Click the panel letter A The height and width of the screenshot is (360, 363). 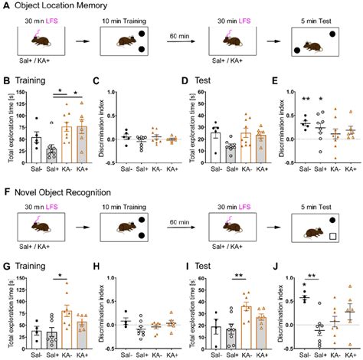[x=5, y=5]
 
